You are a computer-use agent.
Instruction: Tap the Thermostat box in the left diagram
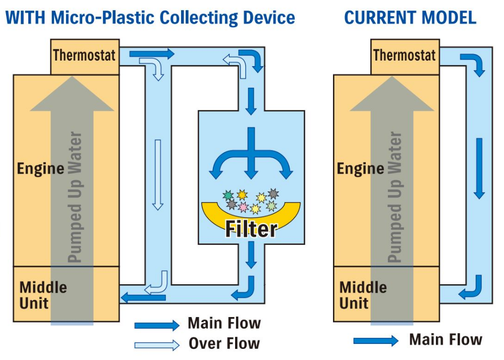(x=85, y=55)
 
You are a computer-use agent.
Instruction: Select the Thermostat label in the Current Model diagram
(x=404, y=55)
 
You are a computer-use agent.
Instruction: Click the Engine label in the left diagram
(x=40, y=168)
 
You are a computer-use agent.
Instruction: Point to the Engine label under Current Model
(x=361, y=168)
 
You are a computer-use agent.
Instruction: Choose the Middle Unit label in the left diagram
(x=43, y=295)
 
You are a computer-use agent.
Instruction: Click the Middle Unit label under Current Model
(x=363, y=295)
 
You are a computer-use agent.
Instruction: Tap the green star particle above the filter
(x=228, y=195)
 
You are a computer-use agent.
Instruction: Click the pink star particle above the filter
(x=243, y=207)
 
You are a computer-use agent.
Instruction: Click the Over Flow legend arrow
(x=156, y=345)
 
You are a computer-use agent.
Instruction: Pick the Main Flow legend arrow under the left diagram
(x=156, y=325)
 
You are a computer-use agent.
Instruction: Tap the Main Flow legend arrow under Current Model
(x=376, y=341)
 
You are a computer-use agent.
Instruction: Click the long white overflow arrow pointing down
(x=158, y=174)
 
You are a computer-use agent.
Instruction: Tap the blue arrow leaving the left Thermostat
(x=151, y=54)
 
